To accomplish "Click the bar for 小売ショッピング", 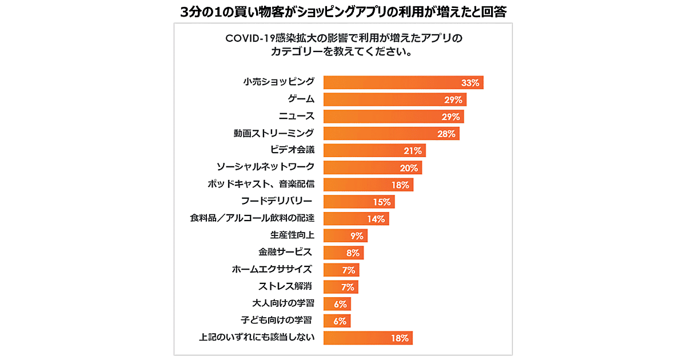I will [400, 82].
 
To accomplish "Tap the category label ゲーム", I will [300, 99].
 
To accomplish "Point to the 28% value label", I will [446, 134].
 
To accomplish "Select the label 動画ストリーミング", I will [274, 134].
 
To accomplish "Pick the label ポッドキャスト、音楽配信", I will [261, 185].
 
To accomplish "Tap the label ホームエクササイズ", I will [273, 270].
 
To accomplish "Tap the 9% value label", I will [357, 236].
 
